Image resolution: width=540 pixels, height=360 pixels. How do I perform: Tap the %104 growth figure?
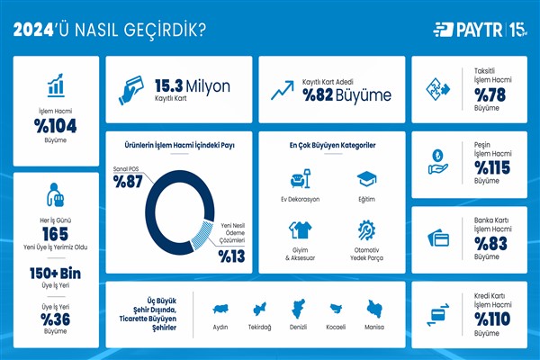point(56,126)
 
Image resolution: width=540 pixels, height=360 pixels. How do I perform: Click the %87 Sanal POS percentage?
point(130,182)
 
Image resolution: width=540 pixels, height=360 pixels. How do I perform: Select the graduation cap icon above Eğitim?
point(366,177)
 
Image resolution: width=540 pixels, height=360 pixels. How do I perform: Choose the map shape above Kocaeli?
point(335,308)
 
